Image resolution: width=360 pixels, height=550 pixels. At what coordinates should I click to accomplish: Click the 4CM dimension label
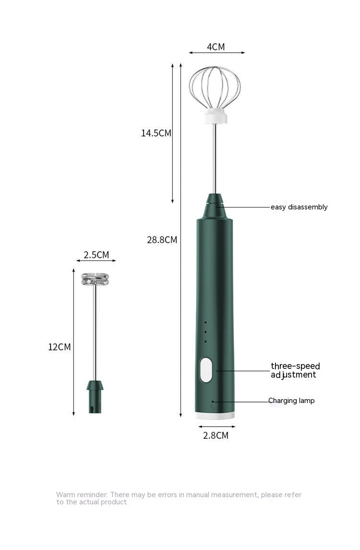click(x=216, y=47)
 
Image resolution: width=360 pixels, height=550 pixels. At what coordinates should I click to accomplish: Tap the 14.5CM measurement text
click(x=156, y=133)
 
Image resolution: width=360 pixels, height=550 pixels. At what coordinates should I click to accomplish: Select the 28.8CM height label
click(x=162, y=240)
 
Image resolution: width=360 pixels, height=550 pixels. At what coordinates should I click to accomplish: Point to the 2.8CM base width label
click(x=216, y=436)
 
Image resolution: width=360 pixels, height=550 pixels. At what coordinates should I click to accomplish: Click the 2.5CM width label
click(x=96, y=255)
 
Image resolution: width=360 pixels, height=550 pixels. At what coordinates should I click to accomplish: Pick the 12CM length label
click(x=59, y=347)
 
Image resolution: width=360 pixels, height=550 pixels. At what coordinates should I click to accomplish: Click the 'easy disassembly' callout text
click(x=299, y=207)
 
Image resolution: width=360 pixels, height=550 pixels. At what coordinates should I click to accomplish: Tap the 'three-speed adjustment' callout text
click(x=295, y=370)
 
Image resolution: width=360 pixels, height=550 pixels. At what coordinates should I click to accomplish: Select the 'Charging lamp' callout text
click(x=291, y=401)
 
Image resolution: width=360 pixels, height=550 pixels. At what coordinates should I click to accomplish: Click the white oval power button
click(x=206, y=370)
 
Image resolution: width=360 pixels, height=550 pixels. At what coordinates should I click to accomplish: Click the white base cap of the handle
click(x=215, y=416)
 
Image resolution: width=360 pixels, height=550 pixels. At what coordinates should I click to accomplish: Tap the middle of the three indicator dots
click(x=205, y=331)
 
